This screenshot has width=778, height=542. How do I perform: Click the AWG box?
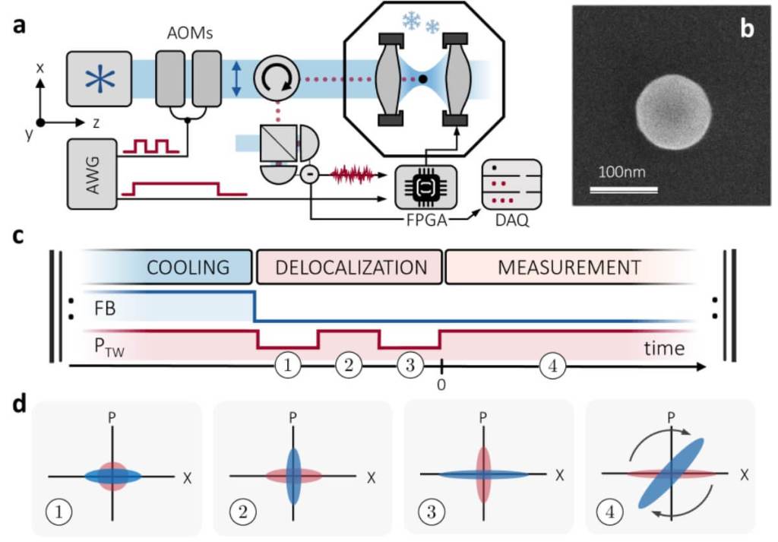coord(93,173)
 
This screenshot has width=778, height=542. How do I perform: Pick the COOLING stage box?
coord(187,267)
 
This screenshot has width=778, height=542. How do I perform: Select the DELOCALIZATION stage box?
coord(350,267)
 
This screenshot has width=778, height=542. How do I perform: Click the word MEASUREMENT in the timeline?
coord(569,267)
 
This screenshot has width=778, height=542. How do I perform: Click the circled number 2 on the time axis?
coord(348,366)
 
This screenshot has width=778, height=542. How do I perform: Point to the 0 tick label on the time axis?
coord(441,385)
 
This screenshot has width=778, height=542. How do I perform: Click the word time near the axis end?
coord(664,349)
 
